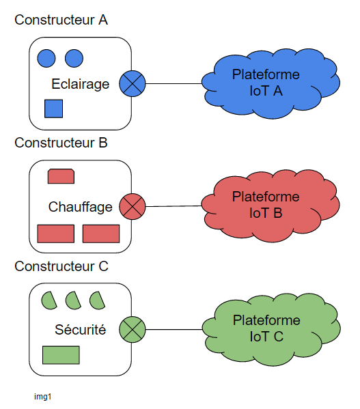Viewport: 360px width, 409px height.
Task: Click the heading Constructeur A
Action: click(61, 20)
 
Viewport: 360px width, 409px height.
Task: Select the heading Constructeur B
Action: click(61, 143)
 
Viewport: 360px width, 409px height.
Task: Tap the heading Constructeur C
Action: click(61, 266)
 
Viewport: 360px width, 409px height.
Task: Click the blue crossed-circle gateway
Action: click(133, 83)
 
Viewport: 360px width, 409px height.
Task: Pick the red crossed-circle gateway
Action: click(133, 206)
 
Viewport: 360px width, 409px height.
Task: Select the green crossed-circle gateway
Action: click(133, 329)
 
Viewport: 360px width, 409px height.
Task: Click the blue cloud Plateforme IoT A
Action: click(271, 83)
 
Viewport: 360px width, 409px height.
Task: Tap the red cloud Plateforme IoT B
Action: click(271, 206)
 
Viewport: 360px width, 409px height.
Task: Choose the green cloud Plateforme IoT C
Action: click(271, 329)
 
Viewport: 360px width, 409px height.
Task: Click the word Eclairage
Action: click(81, 84)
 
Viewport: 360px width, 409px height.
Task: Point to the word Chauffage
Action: click(81, 207)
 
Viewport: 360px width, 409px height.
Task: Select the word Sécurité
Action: click(81, 329)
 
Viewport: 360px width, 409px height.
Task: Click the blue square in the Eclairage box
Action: click(53, 109)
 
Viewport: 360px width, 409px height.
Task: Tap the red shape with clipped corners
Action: click(61, 176)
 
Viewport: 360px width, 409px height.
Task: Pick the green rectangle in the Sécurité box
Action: click(61, 355)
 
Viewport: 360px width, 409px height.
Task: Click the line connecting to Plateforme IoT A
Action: click(174, 83)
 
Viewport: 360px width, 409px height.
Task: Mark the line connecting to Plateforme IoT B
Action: click(174, 206)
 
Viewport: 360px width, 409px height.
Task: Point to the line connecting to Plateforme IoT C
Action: click(174, 329)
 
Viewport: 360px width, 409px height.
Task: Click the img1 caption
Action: click(43, 397)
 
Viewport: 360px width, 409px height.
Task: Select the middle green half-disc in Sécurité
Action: click(73, 300)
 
